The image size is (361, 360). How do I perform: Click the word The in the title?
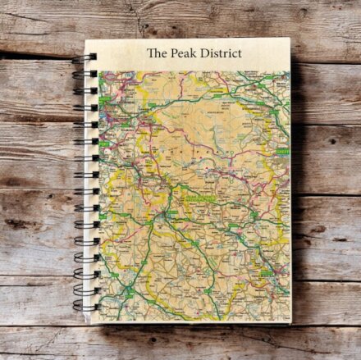156,53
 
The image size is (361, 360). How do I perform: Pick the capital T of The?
150,53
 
